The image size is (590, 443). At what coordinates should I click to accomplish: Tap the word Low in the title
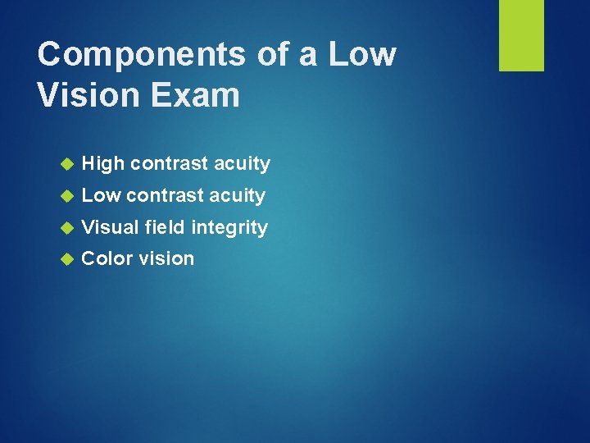[362, 55]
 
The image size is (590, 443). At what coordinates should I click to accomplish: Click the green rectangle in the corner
[521, 35]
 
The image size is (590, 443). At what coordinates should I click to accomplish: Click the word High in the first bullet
[102, 164]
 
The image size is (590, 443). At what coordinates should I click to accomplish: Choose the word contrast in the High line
[169, 164]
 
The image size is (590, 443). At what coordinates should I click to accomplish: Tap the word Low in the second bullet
[101, 195]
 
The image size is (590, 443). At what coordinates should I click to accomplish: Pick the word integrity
[229, 228]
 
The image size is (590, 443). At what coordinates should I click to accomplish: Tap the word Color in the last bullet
[107, 258]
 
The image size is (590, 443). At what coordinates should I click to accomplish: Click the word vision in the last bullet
[166, 258]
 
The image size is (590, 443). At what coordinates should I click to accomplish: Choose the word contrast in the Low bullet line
[165, 195]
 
